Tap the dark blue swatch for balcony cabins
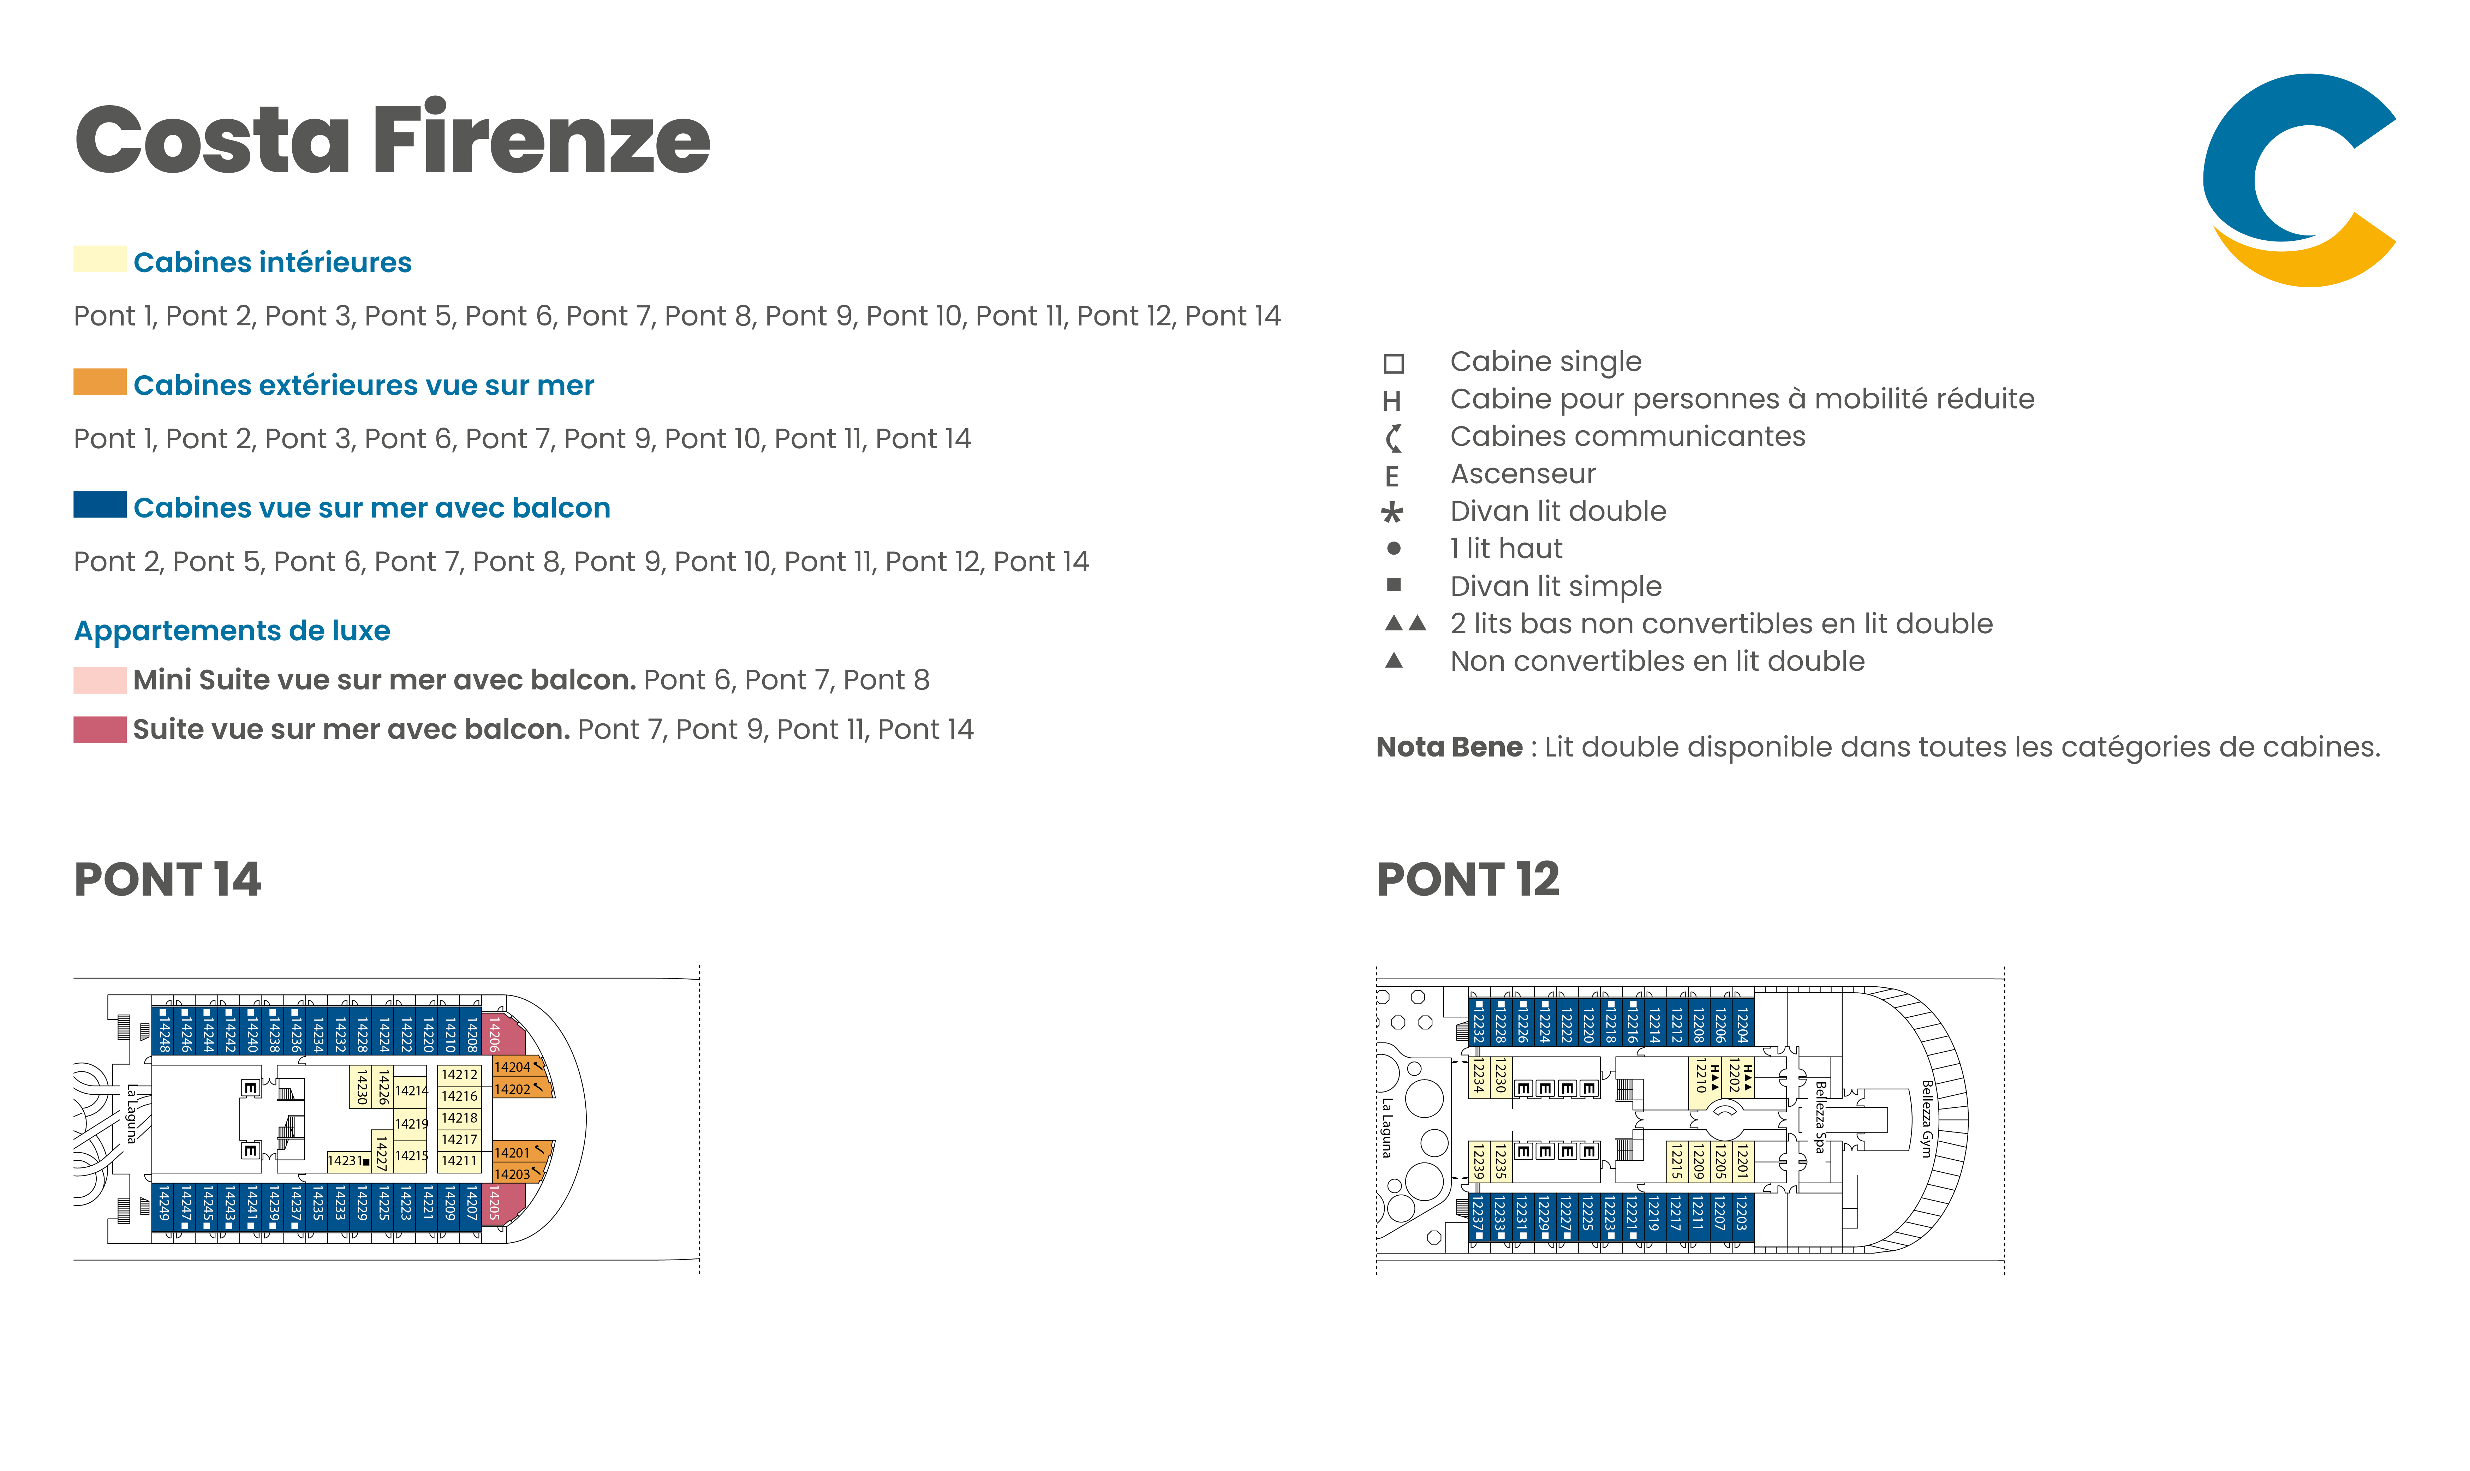coord(99,504)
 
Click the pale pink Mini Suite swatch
coord(99,680)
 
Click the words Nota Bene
coord(1448,747)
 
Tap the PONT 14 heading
coord(167,879)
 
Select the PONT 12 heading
coord(1468,879)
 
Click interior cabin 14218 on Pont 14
coord(459,1118)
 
